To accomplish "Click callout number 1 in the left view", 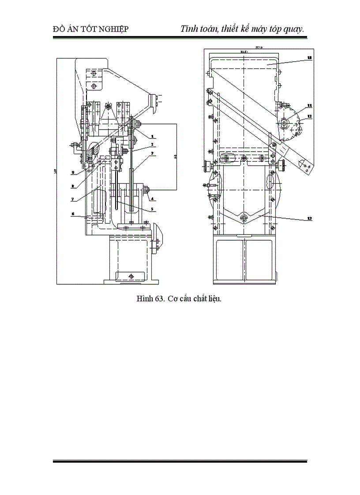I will click(152, 136).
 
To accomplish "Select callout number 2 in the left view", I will click(152, 144).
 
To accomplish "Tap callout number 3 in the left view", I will click(152, 154).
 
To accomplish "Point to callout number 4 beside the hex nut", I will click(152, 199).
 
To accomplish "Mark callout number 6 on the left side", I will click(73, 215).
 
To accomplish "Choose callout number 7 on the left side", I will click(73, 199).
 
